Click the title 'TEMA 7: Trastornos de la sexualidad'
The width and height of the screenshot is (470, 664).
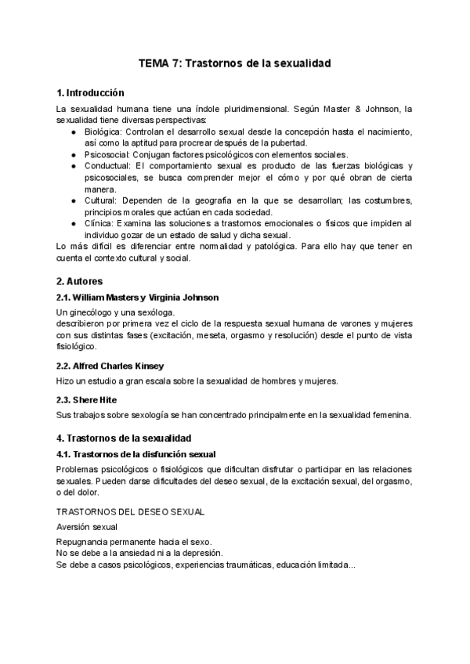pos(235,63)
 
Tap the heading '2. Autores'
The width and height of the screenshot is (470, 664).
pos(80,280)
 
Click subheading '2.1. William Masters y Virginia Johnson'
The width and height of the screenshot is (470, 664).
pos(138,298)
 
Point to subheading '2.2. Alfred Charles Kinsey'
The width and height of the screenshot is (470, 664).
pos(110,366)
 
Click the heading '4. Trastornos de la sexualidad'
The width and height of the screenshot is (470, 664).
pos(124,438)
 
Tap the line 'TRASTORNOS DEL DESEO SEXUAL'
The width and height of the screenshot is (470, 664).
pos(131,511)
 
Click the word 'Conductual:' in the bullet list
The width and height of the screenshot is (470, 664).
pos(109,166)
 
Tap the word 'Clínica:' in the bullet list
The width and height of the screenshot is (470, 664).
pos(102,223)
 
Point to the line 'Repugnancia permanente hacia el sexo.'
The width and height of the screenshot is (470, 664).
pos(134,542)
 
